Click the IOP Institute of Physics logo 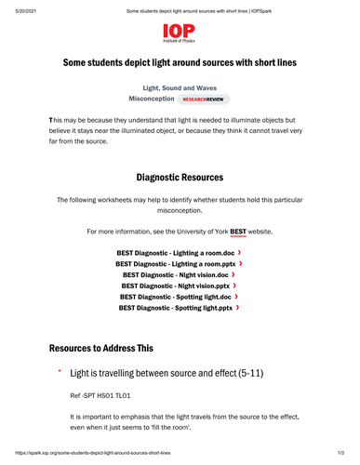click(180, 36)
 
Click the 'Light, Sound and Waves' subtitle click(180, 86)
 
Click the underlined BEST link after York click(239, 229)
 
